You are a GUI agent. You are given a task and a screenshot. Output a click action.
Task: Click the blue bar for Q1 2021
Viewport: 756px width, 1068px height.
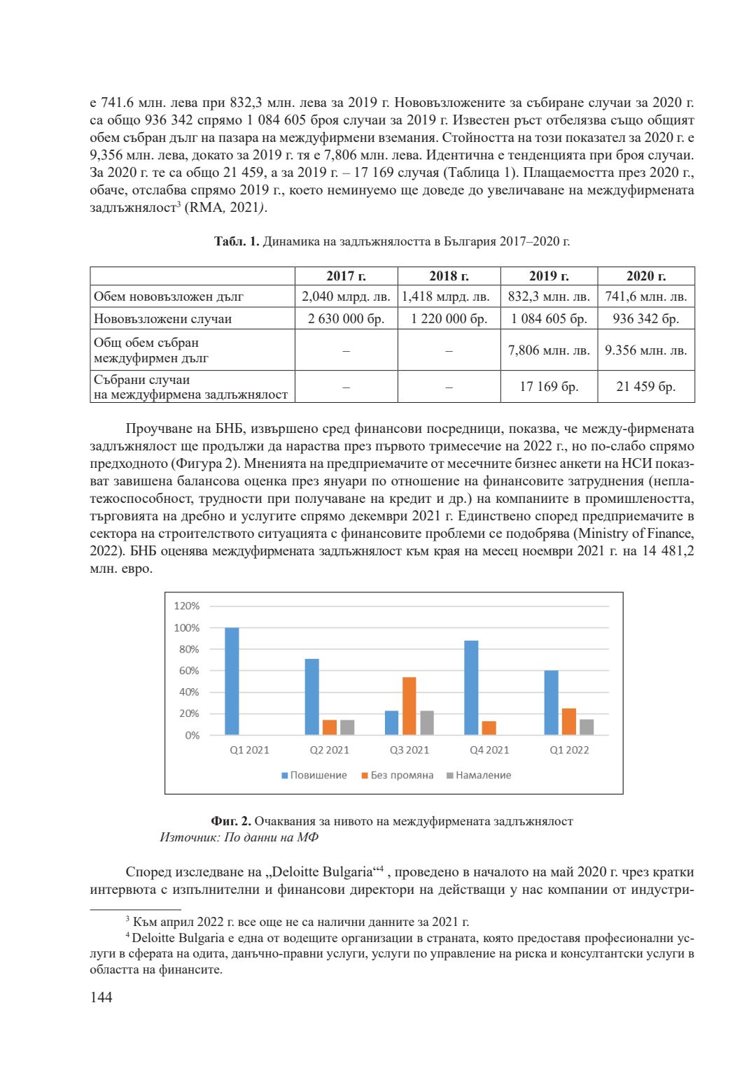(x=232, y=681)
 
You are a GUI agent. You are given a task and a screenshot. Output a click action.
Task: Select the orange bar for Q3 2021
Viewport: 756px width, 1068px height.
(x=409, y=706)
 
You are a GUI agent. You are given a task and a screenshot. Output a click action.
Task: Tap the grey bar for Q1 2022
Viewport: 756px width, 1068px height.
(x=587, y=727)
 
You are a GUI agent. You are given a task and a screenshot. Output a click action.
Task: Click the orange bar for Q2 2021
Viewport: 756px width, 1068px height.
(x=329, y=727)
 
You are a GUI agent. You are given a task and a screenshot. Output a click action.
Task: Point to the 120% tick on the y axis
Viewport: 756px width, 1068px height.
(x=187, y=606)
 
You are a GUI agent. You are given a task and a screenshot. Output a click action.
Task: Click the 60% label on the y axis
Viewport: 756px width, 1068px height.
(x=189, y=671)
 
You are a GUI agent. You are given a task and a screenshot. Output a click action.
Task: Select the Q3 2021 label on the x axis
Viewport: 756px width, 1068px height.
(x=409, y=750)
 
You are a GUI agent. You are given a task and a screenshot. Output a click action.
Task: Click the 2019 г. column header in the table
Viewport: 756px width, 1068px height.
(x=549, y=276)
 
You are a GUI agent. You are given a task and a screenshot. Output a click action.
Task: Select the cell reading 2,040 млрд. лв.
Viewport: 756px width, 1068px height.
(x=346, y=297)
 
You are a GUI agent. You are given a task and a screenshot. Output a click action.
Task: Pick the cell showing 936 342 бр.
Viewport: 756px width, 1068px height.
(x=645, y=319)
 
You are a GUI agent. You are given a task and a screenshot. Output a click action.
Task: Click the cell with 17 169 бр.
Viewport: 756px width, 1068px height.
(x=549, y=387)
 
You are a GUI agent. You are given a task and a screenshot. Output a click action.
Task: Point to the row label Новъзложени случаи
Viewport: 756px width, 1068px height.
(x=162, y=319)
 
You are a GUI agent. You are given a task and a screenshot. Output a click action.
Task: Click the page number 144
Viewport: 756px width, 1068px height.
(x=101, y=997)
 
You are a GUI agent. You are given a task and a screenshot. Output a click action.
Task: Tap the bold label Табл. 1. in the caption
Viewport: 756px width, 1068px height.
(x=237, y=241)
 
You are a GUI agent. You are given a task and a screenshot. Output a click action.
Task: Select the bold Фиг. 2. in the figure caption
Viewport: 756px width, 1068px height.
(x=230, y=821)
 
